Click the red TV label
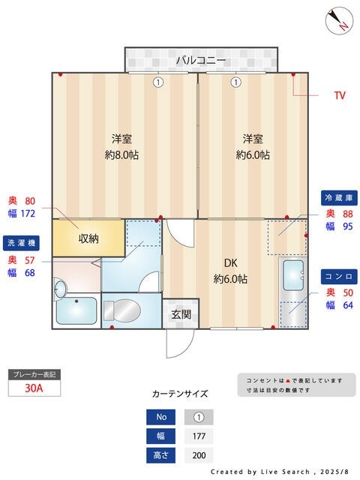point(339,96)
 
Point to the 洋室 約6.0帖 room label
point(253,147)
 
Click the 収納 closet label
point(88,238)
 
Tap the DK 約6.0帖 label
point(230,271)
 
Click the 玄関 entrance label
point(181,314)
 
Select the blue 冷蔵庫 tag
point(337,198)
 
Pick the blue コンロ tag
point(337,275)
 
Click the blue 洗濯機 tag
point(22,243)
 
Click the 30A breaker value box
point(33,388)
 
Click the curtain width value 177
point(199,436)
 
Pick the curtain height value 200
point(199,455)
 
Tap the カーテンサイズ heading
point(180,394)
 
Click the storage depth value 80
point(30,201)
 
